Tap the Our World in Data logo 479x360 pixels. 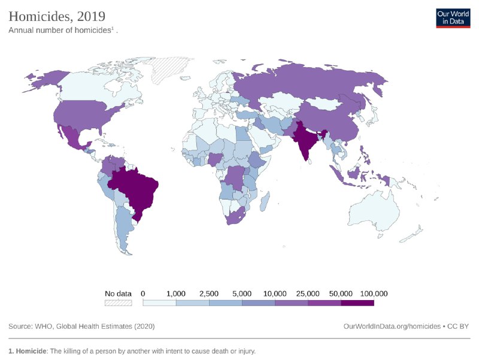pos(453,18)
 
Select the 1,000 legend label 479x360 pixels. pos(176,294)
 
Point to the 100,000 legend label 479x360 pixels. pos(374,294)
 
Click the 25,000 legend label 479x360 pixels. pos(308,294)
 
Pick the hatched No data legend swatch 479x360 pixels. pos(118,303)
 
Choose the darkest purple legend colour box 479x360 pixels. pos(357,303)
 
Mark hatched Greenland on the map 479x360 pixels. pos(174,69)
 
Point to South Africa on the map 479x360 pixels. pos(236,217)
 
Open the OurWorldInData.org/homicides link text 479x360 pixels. pos(392,326)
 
